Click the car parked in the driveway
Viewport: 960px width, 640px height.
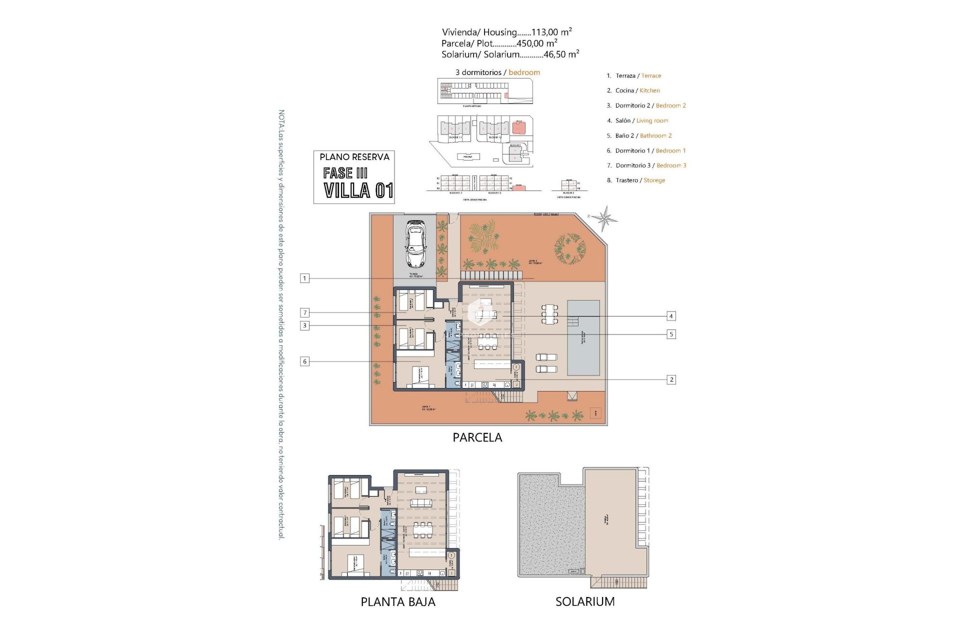pyautogui.click(x=415, y=244)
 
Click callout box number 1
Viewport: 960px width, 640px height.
pyautogui.click(x=304, y=278)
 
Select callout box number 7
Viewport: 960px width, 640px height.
pyautogui.click(x=304, y=312)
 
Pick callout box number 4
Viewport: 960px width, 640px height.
pyautogui.click(x=671, y=316)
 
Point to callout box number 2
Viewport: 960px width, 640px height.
pyautogui.click(x=671, y=379)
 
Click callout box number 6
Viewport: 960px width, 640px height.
pyautogui.click(x=304, y=361)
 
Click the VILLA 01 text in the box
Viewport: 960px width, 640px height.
pyautogui.click(x=358, y=190)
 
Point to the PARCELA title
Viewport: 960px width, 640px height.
pyautogui.click(x=477, y=437)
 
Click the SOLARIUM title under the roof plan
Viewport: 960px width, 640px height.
pyautogui.click(x=584, y=601)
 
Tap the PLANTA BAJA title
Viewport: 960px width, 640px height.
pyautogui.click(x=398, y=602)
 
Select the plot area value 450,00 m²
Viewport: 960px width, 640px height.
pyautogui.click(x=537, y=43)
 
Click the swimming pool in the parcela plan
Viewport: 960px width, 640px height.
pyautogui.click(x=583, y=338)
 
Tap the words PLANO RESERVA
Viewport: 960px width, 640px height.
pyautogui.click(x=354, y=157)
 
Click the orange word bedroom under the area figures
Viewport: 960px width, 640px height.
pyautogui.click(x=524, y=72)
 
